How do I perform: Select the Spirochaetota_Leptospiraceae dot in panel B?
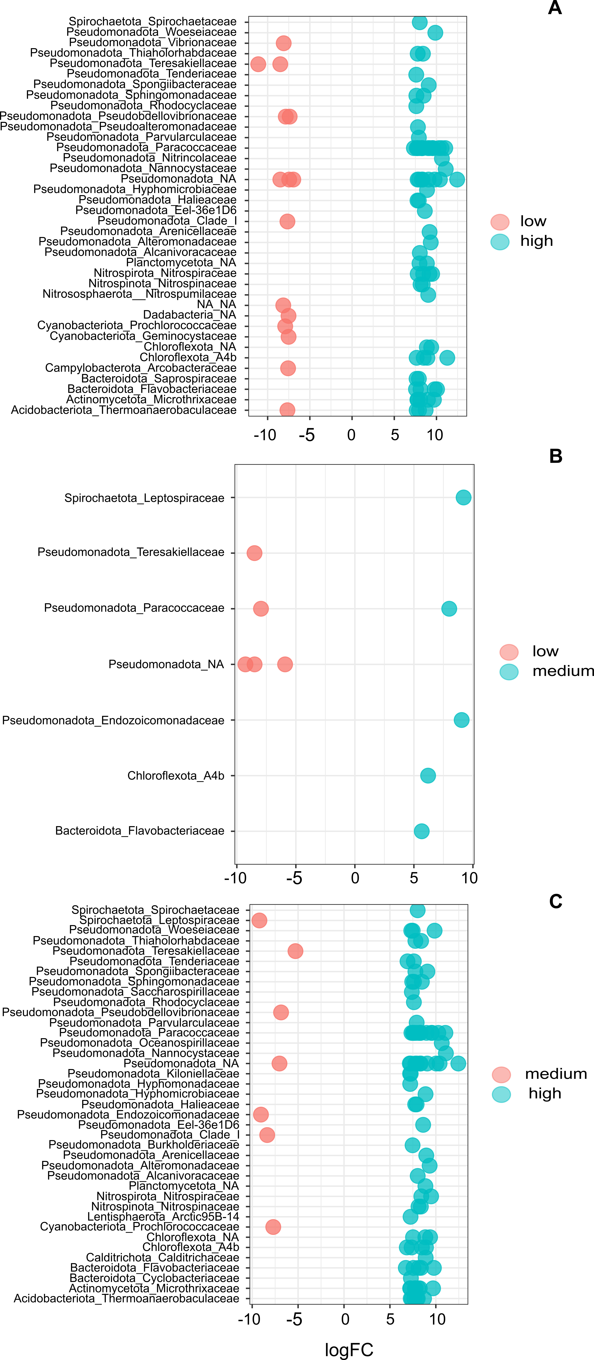pos(463,497)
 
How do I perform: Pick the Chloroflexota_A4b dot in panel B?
pos(428,776)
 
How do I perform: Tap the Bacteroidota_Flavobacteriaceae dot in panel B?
pos(421,832)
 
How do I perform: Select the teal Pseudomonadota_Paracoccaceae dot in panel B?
pos(449,609)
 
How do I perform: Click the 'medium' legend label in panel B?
pos(563,671)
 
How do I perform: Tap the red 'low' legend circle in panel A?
pos(500,222)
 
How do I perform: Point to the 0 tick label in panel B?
pos(355,878)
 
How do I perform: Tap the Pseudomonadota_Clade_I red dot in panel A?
pos(287,221)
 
